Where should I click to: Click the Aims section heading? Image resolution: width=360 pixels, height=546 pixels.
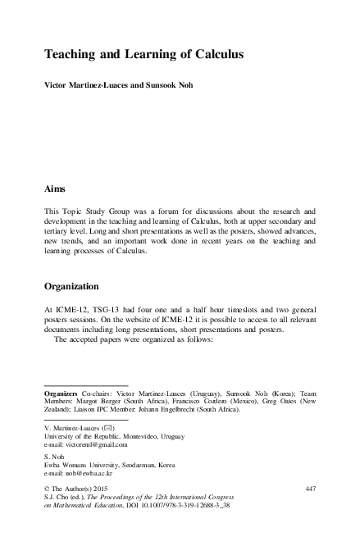pos(54,188)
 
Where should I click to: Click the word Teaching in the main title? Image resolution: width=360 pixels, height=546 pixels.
pos(74,55)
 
